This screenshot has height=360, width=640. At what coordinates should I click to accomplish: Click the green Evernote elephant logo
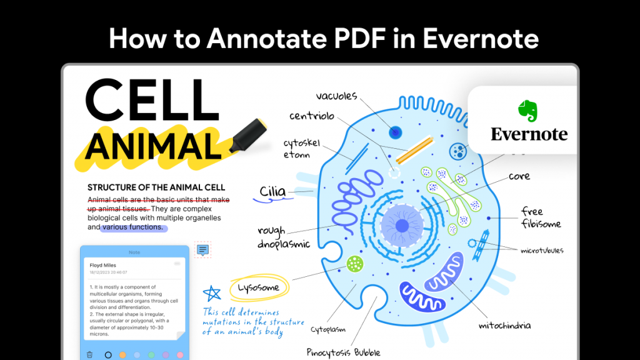(528, 111)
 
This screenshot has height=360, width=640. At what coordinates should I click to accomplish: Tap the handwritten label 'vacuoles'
(336, 96)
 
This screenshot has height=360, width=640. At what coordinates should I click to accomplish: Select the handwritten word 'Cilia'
(272, 191)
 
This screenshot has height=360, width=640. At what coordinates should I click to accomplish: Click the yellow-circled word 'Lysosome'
(258, 288)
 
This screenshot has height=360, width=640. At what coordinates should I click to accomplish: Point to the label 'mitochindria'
(505, 326)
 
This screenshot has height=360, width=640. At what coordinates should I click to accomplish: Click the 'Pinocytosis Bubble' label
(344, 352)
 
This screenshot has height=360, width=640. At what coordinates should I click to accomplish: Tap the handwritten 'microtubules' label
(542, 251)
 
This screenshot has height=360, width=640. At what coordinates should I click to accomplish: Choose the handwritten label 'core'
(519, 176)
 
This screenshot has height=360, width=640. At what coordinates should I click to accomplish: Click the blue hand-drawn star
(212, 294)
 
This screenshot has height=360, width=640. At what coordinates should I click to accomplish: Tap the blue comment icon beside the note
(202, 250)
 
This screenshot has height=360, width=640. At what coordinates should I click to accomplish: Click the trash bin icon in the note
(89, 354)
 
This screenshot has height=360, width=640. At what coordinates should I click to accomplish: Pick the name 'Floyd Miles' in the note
(102, 265)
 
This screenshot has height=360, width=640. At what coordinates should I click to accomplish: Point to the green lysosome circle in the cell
(355, 264)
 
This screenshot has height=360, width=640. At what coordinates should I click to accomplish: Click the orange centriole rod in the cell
(414, 151)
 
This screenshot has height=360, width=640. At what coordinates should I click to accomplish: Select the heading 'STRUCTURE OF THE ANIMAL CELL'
(156, 187)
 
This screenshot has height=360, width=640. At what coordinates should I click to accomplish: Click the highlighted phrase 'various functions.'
(132, 227)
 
